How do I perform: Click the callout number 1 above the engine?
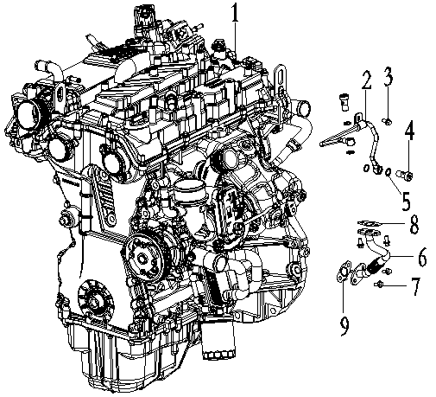pyautogui.click(x=235, y=12)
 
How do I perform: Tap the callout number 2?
pyautogui.click(x=366, y=79)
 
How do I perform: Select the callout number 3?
pyautogui.click(x=388, y=76)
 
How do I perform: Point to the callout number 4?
pyautogui.click(x=409, y=131)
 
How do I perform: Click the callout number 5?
pyautogui.click(x=406, y=201)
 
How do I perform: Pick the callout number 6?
pyautogui.click(x=422, y=257)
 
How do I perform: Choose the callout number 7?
pyautogui.click(x=415, y=286)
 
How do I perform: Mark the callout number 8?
pyautogui.click(x=414, y=224)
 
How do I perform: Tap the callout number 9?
pyautogui.click(x=344, y=325)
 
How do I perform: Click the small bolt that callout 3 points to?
pyautogui.click(x=387, y=121)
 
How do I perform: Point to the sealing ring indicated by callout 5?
pyautogui.click(x=388, y=172)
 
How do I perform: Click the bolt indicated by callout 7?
pyautogui.click(x=378, y=285)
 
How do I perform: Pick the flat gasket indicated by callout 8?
pyautogui.click(x=369, y=223)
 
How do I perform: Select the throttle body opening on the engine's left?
pyautogui.click(x=28, y=111)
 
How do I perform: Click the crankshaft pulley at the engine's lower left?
pyautogui.click(x=96, y=302)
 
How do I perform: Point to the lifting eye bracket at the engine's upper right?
pyautogui.click(x=279, y=78)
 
